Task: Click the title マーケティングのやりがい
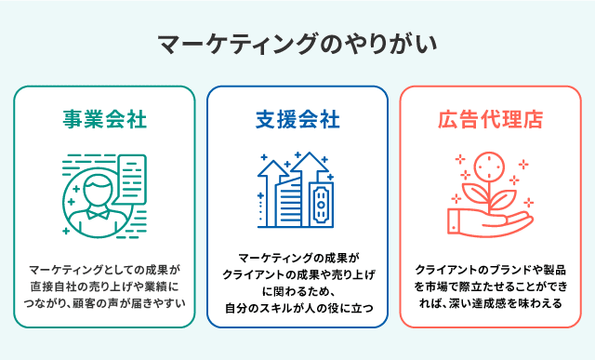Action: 297,44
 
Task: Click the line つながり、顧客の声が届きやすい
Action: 105,302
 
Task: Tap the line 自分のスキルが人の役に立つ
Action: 297,308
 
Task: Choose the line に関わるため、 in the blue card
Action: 297,291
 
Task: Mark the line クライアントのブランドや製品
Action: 490,270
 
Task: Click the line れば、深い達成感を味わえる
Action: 490,302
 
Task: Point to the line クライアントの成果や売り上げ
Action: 297,274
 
